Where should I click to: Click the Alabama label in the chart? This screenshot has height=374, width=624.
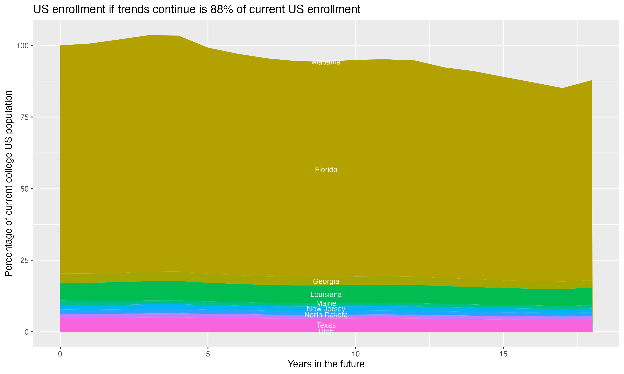click(x=326, y=62)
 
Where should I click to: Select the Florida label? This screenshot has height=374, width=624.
click(x=326, y=170)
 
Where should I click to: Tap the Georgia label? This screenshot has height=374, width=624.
click(x=326, y=281)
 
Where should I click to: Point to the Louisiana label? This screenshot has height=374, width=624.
click(x=326, y=294)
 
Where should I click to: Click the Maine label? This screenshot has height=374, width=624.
click(x=326, y=303)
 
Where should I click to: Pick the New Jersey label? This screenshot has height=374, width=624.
click(x=326, y=309)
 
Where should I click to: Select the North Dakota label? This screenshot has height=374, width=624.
click(x=326, y=315)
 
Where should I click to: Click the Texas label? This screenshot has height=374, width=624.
click(x=326, y=325)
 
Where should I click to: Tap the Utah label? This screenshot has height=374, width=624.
click(x=326, y=332)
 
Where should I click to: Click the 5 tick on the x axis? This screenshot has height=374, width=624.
click(x=208, y=354)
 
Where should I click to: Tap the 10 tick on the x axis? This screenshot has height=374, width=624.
click(x=355, y=354)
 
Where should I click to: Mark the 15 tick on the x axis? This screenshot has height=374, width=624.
click(x=503, y=354)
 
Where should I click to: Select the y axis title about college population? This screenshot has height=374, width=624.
click(x=9, y=183)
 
